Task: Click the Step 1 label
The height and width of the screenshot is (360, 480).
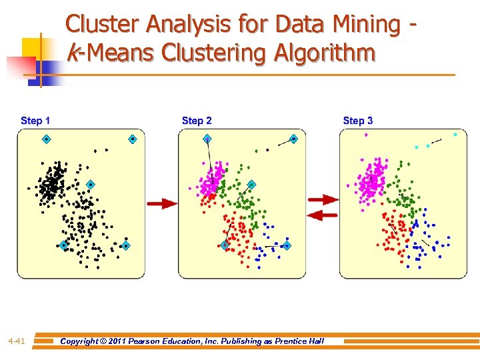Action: tap(35, 121)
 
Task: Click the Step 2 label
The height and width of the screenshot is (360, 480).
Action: tap(197, 121)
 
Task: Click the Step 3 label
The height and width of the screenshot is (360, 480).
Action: tap(358, 121)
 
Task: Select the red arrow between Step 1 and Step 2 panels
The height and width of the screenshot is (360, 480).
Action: tap(162, 203)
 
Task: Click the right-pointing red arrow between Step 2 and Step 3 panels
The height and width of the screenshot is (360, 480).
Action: tap(323, 199)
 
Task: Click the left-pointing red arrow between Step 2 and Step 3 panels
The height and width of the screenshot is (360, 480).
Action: tap(323, 215)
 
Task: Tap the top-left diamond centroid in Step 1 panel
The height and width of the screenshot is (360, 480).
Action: tap(47, 139)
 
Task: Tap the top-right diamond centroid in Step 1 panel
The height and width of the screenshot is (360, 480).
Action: tap(133, 139)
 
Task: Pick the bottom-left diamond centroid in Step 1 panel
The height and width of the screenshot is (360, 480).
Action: tap(63, 245)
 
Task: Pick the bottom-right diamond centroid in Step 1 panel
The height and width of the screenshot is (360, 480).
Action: tap(125, 245)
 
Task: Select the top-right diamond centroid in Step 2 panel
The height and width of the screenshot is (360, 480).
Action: tap(293, 139)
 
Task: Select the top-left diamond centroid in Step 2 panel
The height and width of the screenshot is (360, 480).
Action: tap(207, 139)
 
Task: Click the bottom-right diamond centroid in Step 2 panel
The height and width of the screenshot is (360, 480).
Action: tap(287, 245)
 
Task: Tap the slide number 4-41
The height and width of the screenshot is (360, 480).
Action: tap(17, 341)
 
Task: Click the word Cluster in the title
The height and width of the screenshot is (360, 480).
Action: tap(103, 25)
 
